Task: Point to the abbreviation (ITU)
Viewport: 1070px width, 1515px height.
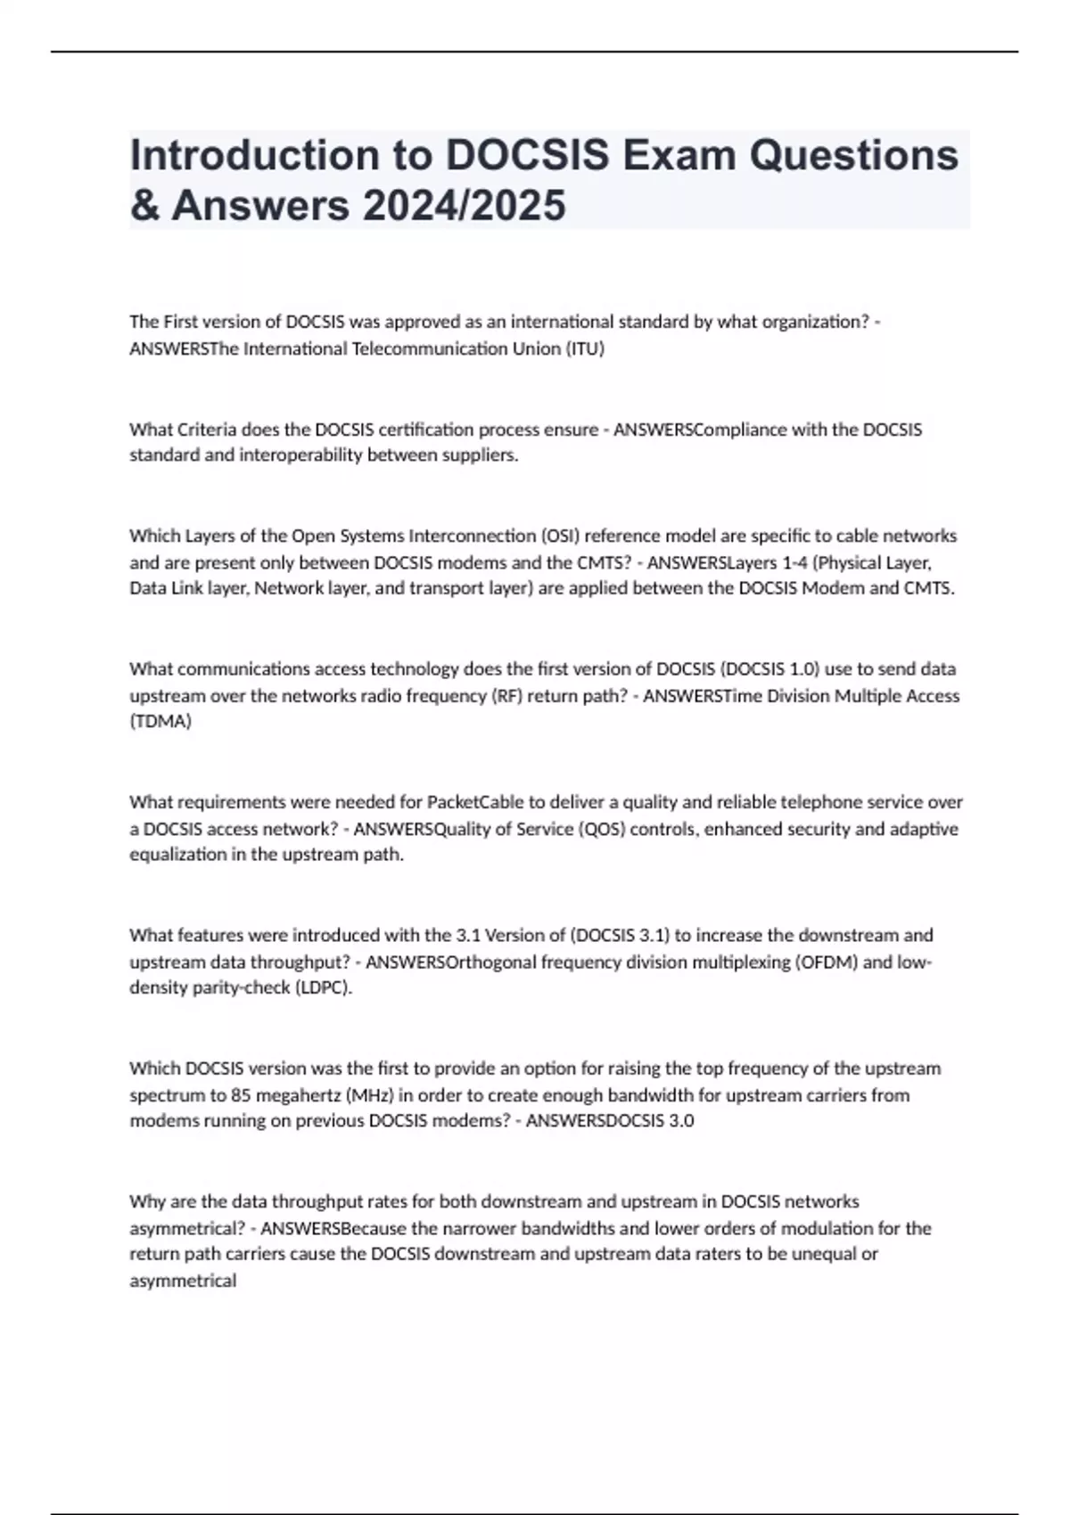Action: coord(584,348)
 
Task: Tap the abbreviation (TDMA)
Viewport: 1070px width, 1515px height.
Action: coord(160,721)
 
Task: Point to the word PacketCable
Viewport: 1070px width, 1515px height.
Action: coord(476,802)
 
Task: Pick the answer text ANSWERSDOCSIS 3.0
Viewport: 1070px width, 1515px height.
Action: coord(610,1120)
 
